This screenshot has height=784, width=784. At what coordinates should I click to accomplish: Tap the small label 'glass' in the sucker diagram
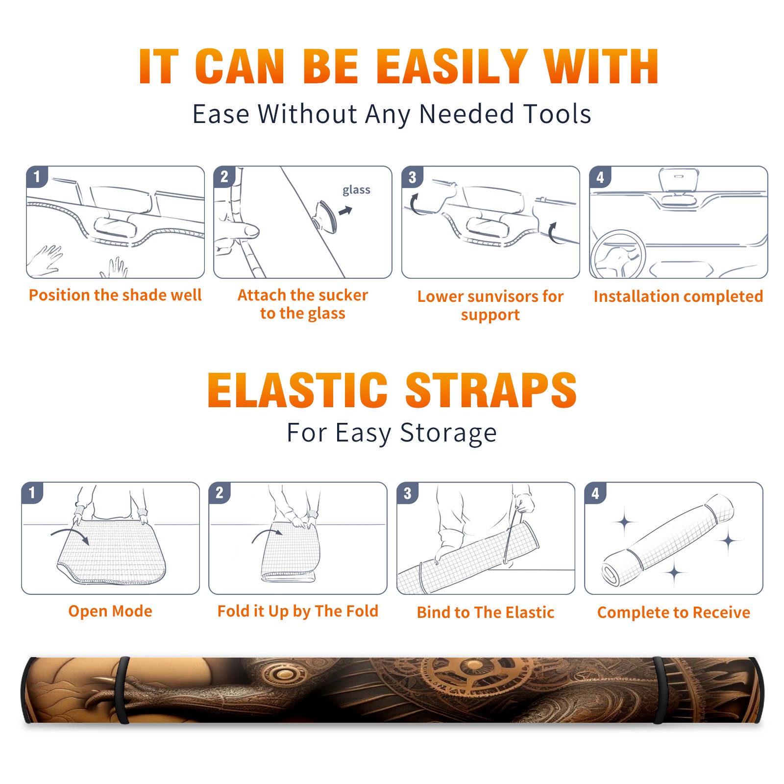(x=356, y=190)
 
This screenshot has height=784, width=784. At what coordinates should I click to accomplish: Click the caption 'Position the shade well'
(x=115, y=295)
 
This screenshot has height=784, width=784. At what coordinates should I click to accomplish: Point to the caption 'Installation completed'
(x=678, y=296)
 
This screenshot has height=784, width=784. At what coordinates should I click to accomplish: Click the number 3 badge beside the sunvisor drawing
(x=412, y=177)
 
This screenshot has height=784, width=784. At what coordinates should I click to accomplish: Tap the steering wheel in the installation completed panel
(x=617, y=255)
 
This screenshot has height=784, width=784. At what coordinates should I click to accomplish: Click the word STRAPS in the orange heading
(x=491, y=390)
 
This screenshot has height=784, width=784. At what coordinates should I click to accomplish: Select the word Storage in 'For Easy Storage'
(x=448, y=433)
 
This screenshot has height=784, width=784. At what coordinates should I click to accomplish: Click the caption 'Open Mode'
(x=110, y=611)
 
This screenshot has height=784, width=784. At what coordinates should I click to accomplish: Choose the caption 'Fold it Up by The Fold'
(x=298, y=611)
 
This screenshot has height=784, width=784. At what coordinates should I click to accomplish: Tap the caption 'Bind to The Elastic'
(x=486, y=612)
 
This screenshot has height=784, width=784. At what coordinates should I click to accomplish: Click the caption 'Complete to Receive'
(x=674, y=612)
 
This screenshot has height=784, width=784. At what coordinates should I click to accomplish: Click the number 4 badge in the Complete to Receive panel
(x=595, y=493)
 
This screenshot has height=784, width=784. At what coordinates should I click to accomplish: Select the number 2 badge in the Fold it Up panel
(x=220, y=492)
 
